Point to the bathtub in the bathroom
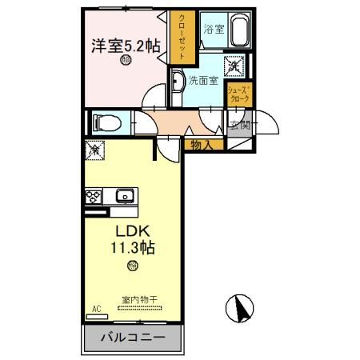tap(238, 31)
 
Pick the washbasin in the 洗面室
tap(176, 81)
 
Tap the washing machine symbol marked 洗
tap(237, 67)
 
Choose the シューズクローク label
tap(238, 94)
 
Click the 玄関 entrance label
tap(240, 126)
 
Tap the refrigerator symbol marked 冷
tap(94, 149)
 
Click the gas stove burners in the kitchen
tap(94, 196)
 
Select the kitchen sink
tap(125, 196)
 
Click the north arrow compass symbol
tap(239, 306)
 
